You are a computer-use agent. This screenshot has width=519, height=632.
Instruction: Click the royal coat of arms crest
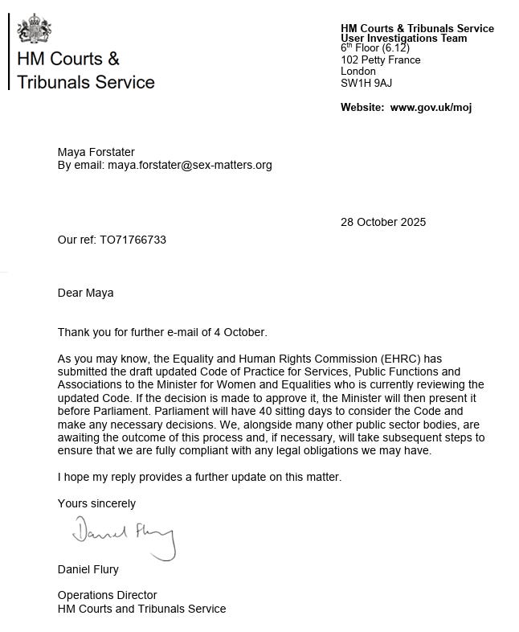click(35, 30)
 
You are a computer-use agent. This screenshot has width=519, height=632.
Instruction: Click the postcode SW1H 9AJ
click(366, 83)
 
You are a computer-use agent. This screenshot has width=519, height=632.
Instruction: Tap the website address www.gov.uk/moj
click(431, 108)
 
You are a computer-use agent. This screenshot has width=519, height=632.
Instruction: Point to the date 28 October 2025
click(383, 222)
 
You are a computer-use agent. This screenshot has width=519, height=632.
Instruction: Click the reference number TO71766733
click(133, 240)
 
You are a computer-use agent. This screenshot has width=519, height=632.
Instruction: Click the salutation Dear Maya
click(85, 293)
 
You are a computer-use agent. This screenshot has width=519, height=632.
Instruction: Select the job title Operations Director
click(107, 595)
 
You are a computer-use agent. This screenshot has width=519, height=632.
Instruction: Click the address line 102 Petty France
click(380, 60)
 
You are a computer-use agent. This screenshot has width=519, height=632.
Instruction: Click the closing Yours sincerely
click(96, 503)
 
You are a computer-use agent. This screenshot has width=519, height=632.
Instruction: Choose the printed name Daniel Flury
click(88, 569)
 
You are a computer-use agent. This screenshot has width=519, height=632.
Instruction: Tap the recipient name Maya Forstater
click(96, 151)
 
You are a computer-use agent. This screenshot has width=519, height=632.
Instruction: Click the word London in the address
click(358, 72)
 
